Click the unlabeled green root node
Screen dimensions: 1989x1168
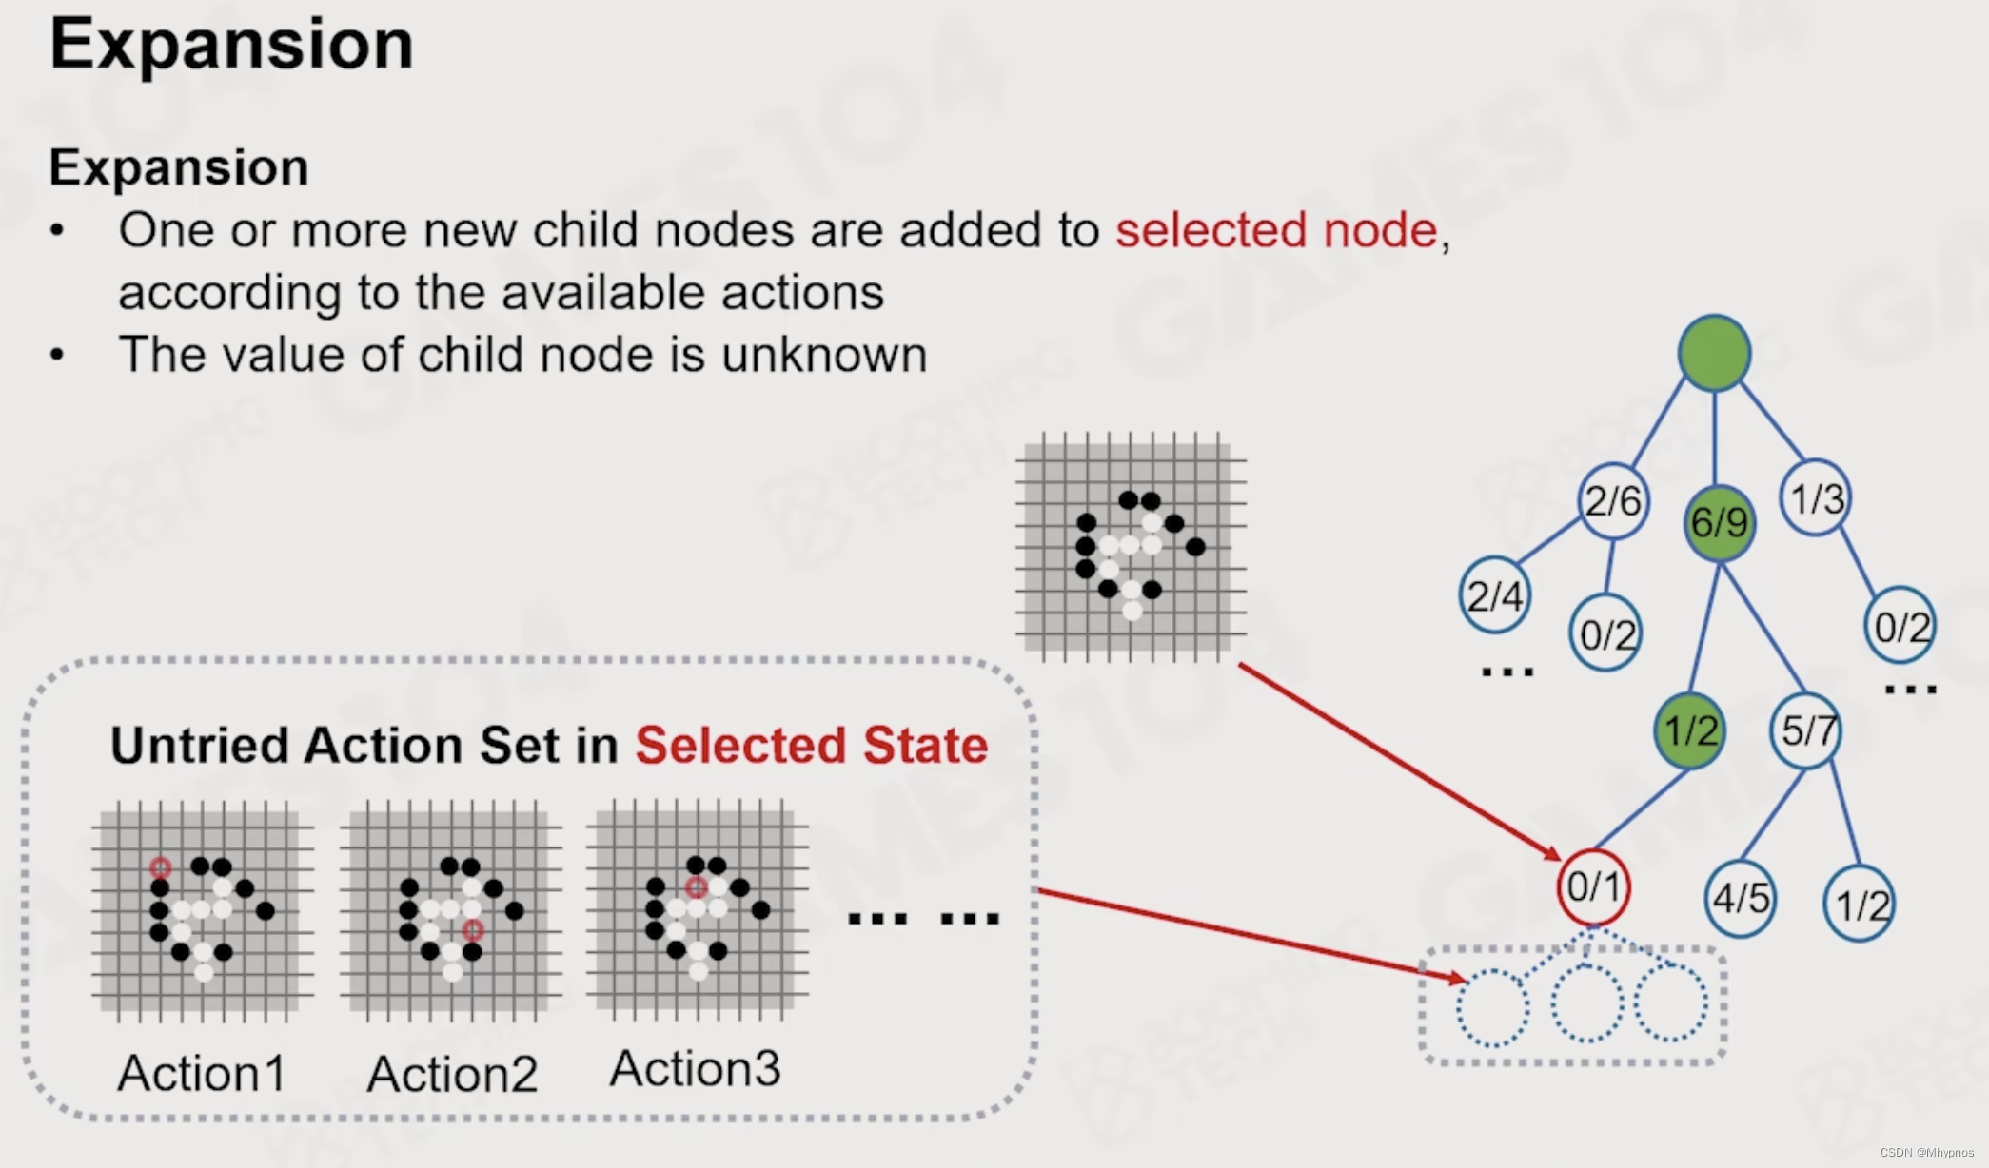(1714, 353)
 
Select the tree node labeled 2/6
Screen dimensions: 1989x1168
(1613, 501)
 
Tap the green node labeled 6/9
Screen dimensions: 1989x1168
(1719, 522)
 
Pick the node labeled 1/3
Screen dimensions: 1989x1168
(1816, 498)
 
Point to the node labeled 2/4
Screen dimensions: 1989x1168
(1494, 596)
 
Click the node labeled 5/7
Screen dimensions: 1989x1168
(1806, 730)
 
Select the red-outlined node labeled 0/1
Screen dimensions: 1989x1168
(1593, 887)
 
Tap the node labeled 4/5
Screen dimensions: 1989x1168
(1741, 898)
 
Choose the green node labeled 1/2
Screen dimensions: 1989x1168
(1690, 730)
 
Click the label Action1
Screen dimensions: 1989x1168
(202, 1074)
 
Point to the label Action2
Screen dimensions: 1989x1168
(452, 1074)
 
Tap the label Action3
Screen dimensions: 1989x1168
(695, 1069)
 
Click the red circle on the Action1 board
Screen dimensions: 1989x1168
(160, 867)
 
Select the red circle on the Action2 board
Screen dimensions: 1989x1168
(473, 929)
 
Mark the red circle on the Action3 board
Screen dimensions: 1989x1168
(697, 887)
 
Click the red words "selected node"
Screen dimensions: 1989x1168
(1276, 230)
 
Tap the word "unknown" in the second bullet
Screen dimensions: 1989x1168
(824, 355)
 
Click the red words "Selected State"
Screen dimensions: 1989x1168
(811, 745)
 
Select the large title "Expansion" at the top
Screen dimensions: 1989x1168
(231, 44)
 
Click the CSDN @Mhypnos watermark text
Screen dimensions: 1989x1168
(1927, 1152)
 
